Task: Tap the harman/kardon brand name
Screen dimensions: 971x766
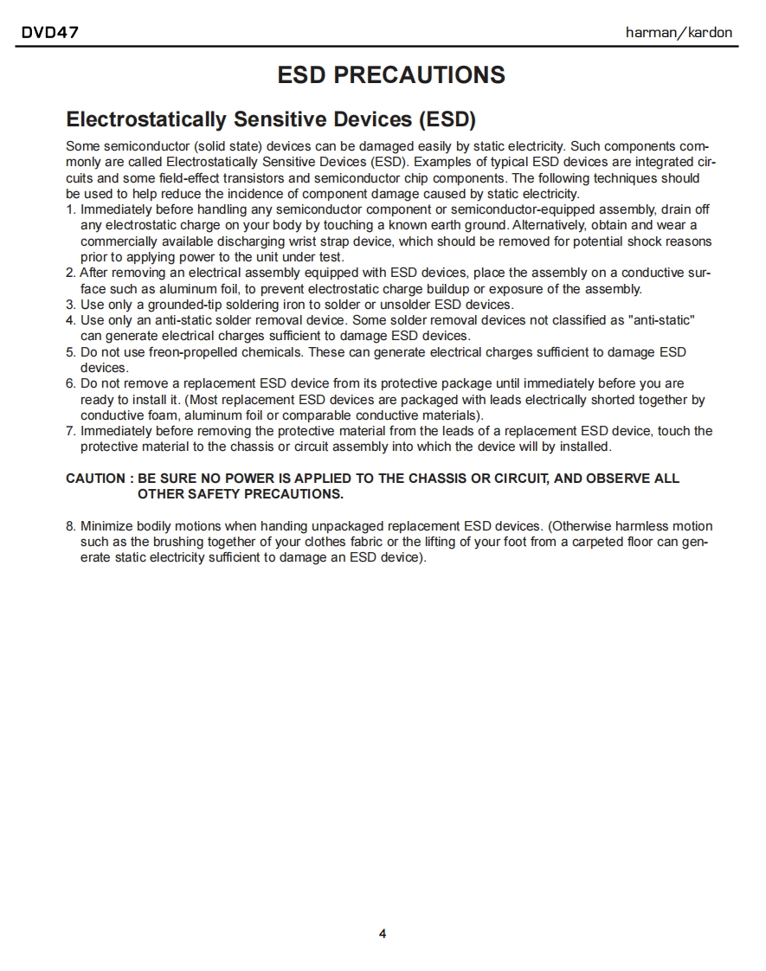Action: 679,33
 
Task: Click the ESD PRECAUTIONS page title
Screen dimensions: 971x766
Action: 391,74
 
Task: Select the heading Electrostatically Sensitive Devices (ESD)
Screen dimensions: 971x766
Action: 271,119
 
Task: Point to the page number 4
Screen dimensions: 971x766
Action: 383,934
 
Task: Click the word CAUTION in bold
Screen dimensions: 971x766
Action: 95,479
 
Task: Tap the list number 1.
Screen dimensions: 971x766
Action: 70,209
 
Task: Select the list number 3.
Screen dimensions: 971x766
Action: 70,305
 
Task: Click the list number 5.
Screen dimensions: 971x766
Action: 70,352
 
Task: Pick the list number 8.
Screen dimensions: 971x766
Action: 70,526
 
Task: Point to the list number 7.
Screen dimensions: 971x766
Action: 70,431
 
